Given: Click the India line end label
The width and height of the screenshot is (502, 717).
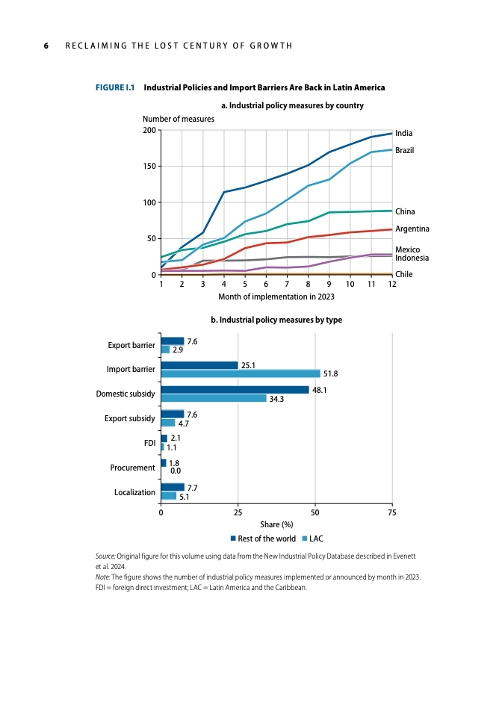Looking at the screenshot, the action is point(403,133).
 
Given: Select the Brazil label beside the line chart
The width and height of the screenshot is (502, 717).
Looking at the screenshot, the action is point(405,150).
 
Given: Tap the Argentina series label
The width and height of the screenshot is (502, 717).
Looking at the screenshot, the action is point(412,229).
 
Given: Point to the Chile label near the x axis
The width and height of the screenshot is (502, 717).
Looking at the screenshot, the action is point(403,274).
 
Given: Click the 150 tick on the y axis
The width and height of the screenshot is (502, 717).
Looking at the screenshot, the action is point(149,166).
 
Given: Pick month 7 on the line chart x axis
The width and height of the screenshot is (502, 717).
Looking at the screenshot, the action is point(287,284).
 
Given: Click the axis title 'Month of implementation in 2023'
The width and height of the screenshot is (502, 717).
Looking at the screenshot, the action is point(276,297).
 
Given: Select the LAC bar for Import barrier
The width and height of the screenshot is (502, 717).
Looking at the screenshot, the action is point(241,373).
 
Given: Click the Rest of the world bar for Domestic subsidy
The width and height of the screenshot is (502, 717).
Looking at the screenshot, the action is point(235,390).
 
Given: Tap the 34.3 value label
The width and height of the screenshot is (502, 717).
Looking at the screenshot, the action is point(276,399).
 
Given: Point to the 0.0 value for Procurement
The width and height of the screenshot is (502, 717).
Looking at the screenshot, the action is point(176,471).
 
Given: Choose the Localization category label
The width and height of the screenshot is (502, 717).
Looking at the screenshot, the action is point(135,492).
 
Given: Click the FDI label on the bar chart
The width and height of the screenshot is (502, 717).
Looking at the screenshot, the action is point(150,443).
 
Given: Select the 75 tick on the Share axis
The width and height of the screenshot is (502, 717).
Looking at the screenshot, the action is point(392,512).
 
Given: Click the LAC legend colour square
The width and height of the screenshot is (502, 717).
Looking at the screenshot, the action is point(305,538).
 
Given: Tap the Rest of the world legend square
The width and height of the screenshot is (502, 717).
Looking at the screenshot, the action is point(233,538).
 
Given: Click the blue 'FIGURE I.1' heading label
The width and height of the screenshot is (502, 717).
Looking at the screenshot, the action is point(115,87).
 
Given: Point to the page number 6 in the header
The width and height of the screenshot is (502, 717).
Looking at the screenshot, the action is point(46,46).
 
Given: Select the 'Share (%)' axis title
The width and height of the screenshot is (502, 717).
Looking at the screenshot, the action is point(276,524).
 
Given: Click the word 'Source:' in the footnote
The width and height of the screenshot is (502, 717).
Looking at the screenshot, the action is point(105,556).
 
